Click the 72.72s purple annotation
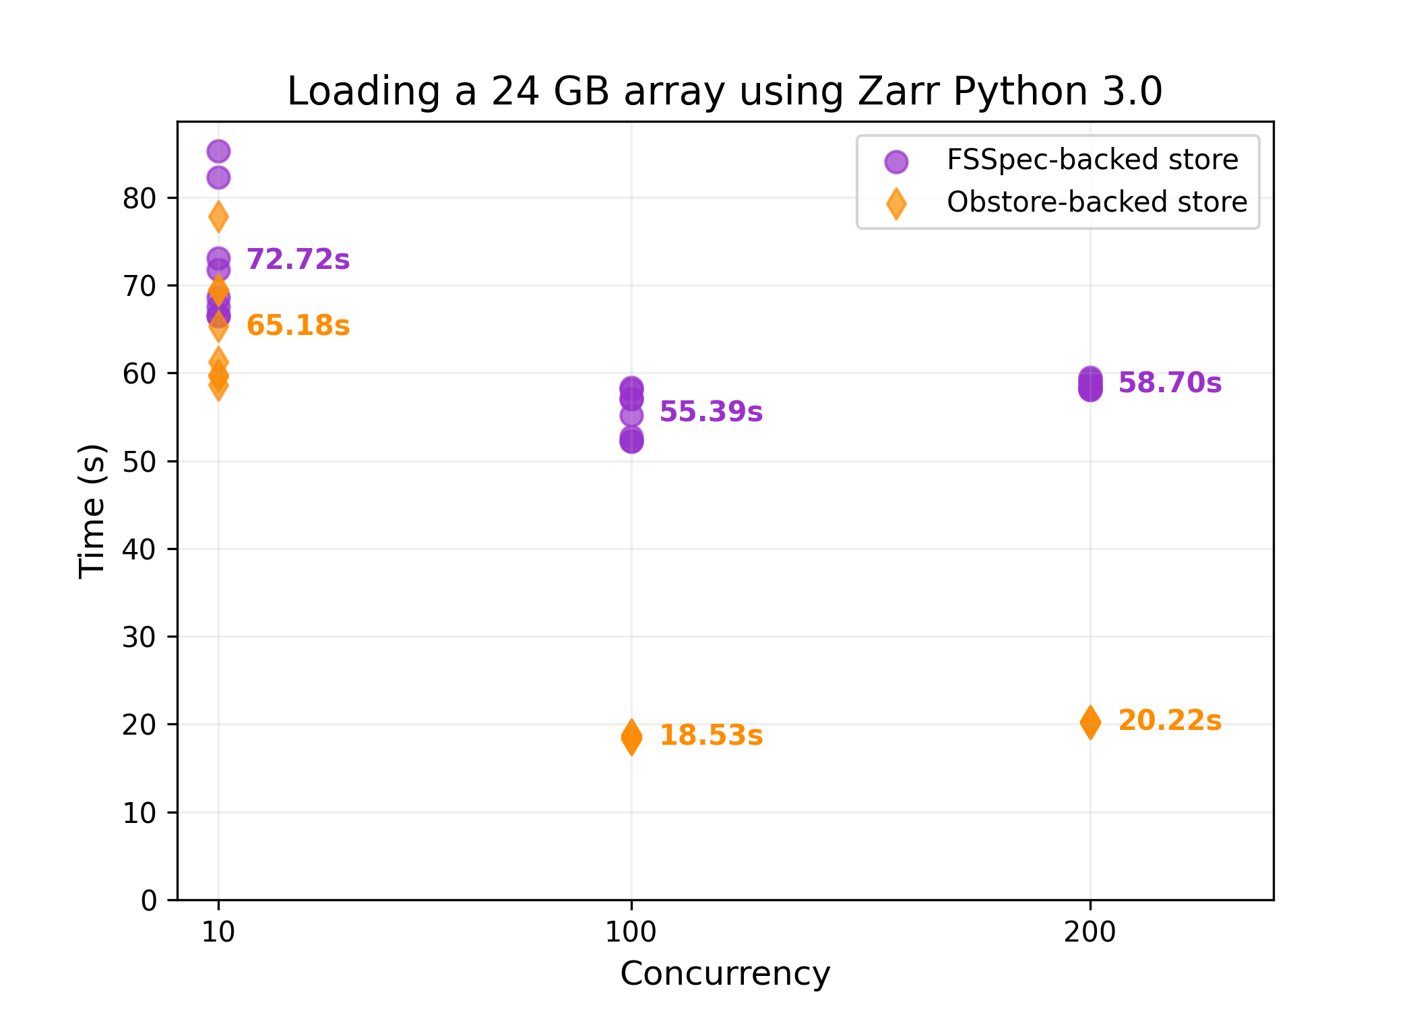(298, 259)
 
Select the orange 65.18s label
(298, 326)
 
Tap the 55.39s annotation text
(711, 412)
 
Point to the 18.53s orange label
(711, 735)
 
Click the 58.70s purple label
(1170, 383)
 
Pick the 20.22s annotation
(1170, 721)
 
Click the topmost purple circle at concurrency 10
(218, 152)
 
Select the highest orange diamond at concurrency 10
(218, 217)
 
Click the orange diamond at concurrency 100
(631, 737)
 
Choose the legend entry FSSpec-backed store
(1092, 160)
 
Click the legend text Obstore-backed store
(1096, 202)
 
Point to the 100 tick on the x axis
(631, 932)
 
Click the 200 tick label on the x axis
(1090, 932)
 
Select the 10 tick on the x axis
(218, 932)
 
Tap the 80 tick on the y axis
(139, 199)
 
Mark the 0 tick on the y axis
(148, 900)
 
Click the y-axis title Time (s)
(92, 511)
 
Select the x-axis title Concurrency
(725, 974)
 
